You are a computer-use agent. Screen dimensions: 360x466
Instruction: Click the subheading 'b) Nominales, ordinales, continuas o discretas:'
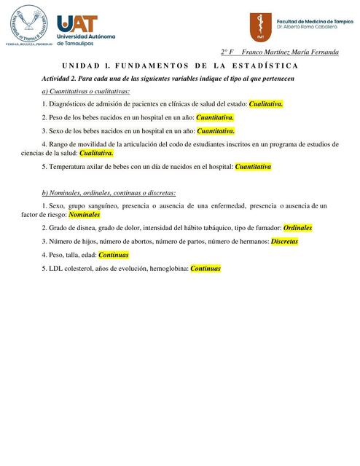[x=109, y=193]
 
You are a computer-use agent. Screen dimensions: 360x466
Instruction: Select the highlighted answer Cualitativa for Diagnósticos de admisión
[x=265, y=104]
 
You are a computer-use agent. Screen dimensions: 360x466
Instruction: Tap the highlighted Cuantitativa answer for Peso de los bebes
[x=215, y=117]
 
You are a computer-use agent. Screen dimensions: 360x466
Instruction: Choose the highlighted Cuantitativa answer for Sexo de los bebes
[x=216, y=130]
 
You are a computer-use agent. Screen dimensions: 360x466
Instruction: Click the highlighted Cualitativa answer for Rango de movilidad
[x=96, y=153]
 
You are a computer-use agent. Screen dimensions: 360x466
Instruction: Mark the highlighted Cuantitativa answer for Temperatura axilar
[x=253, y=167]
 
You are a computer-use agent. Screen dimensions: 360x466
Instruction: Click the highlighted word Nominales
[x=84, y=216]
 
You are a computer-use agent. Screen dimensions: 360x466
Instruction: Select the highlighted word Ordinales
[x=297, y=228]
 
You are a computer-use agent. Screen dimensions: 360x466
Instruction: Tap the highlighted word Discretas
[x=284, y=241]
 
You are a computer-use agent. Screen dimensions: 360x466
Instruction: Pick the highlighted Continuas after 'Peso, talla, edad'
[x=113, y=255]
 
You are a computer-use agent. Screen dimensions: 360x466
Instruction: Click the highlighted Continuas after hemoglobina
[x=205, y=269]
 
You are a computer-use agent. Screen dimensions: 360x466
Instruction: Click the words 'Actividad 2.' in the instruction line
[x=60, y=78]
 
